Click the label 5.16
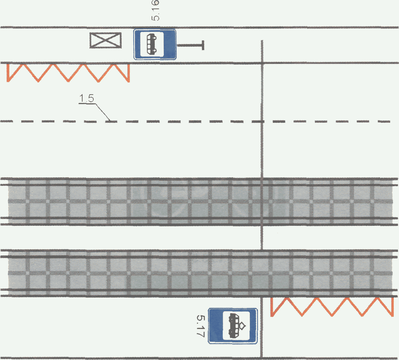tap(156, 10)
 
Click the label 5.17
tap(200, 326)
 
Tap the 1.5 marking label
tap(86, 99)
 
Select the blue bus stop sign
tap(155, 44)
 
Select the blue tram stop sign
tap(233, 326)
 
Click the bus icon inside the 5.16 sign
tap(151, 44)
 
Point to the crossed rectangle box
tap(105, 41)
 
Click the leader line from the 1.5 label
tap(102, 112)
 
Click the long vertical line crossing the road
tap(262, 147)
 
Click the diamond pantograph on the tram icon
tap(242, 325)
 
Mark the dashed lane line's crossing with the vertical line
tap(262, 121)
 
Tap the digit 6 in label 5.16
tap(156, 4)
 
